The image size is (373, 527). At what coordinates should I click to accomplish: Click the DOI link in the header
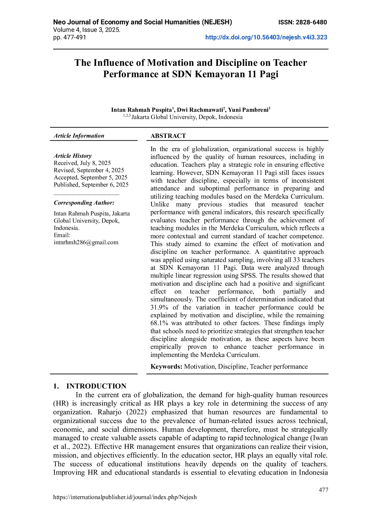click(266, 38)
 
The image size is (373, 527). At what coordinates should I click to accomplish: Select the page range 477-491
click(74, 38)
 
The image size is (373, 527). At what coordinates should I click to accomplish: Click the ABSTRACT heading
click(168, 136)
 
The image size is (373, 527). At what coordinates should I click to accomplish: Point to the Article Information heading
click(79, 136)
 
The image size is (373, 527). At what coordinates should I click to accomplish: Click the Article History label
click(73, 156)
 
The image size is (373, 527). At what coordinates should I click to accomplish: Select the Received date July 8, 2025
click(82, 163)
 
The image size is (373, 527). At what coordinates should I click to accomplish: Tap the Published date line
click(91, 185)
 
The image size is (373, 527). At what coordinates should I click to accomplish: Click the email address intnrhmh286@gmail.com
click(86, 242)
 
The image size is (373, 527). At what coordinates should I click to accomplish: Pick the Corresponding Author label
click(84, 203)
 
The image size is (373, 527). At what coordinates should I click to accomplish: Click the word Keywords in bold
click(166, 367)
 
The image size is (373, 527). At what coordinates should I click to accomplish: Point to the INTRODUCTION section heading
click(96, 386)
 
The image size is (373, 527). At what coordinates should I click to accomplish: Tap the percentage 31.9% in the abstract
click(159, 307)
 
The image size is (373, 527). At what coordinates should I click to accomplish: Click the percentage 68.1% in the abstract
click(159, 323)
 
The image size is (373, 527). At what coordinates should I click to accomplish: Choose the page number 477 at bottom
click(323, 490)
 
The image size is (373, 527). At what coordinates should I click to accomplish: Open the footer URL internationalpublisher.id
click(125, 497)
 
